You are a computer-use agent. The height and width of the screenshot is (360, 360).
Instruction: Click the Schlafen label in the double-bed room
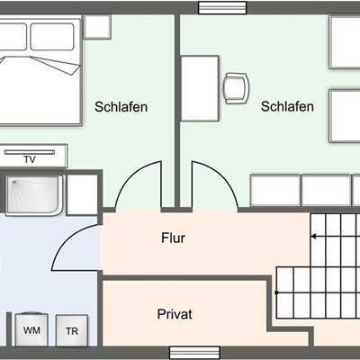coord(121,106)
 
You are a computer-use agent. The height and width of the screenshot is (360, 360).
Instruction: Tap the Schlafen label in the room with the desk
coord(287,106)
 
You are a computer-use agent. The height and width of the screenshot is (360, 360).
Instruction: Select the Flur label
coord(173,239)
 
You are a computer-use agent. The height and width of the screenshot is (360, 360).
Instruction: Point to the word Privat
coord(175,314)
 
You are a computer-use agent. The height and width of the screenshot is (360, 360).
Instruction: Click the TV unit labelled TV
coord(30,159)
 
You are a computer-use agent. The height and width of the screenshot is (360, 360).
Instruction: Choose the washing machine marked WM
coord(31,330)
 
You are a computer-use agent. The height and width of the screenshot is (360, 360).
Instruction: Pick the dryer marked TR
coord(71,330)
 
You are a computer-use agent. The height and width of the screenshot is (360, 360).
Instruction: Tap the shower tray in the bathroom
coord(34,194)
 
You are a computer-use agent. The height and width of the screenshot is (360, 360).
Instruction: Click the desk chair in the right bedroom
coord(236,87)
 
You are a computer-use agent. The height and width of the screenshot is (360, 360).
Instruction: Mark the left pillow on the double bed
coord(12,36)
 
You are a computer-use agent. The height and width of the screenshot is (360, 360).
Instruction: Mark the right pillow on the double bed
coord(52,36)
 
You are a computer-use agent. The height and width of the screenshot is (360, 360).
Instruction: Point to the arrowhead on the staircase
coord(314,236)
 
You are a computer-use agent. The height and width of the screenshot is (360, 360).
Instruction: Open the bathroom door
coord(76,247)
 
